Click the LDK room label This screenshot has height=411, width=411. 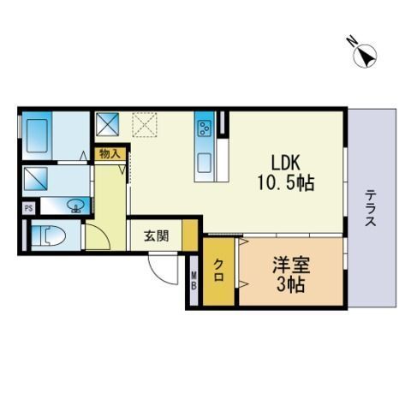click(x=285, y=163)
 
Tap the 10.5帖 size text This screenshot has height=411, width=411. click(x=286, y=182)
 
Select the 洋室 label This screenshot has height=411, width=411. click(x=291, y=265)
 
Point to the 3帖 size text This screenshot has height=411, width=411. click(x=291, y=285)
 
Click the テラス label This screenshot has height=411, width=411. click(x=371, y=208)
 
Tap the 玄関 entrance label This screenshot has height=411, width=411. click(x=156, y=236)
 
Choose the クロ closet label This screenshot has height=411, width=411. click(x=218, y=271)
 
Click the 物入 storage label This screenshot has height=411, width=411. click(x=110, y=154)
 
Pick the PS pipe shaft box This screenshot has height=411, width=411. click(x=29, y=208)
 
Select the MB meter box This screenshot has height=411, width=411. click(x=194, y=281)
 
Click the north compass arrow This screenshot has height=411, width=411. click(x=366, y=56)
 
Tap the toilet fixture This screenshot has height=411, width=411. click(x=49, y=235)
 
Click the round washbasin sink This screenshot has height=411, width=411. click(x=75, y=205)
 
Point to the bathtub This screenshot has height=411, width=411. click(x=37, y=136)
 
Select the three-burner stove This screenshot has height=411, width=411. click(x=205, y=128)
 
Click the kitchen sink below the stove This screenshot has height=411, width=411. click(x=205, y=163)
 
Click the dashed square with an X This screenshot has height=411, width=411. click(x=145, y=124)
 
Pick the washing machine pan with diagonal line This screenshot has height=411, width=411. click(x=36, y=179)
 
